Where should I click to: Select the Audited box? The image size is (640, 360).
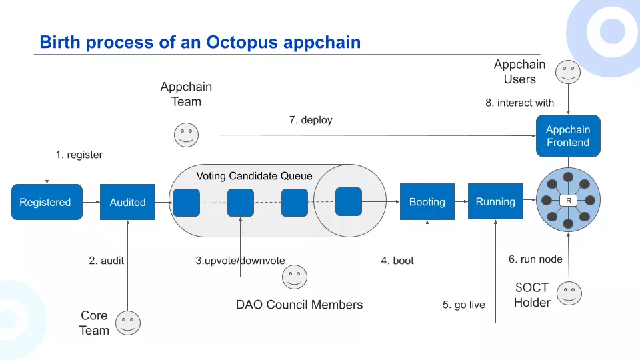[127, 202]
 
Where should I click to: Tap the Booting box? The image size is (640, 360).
[427, 202]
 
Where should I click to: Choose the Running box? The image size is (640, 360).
[495, 201]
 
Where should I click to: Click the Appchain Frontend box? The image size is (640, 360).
[568, 136]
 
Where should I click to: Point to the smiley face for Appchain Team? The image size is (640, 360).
[186, 135]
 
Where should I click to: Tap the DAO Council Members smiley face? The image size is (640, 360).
[294, 277]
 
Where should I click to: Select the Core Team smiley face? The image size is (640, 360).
[128, 323]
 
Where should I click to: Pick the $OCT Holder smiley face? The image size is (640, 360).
[569, 293]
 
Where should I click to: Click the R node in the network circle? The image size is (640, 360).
[568, 201]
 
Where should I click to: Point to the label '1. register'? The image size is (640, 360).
[79, 155]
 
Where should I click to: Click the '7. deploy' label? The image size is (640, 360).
[310, 120]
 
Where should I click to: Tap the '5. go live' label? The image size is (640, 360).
[464, 305]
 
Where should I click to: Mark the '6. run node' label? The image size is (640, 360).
[535, 259]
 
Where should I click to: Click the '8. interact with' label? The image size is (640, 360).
[519, 103]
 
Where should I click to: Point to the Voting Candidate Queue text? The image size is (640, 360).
[254, 176]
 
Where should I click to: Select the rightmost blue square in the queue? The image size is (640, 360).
[348, 201]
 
